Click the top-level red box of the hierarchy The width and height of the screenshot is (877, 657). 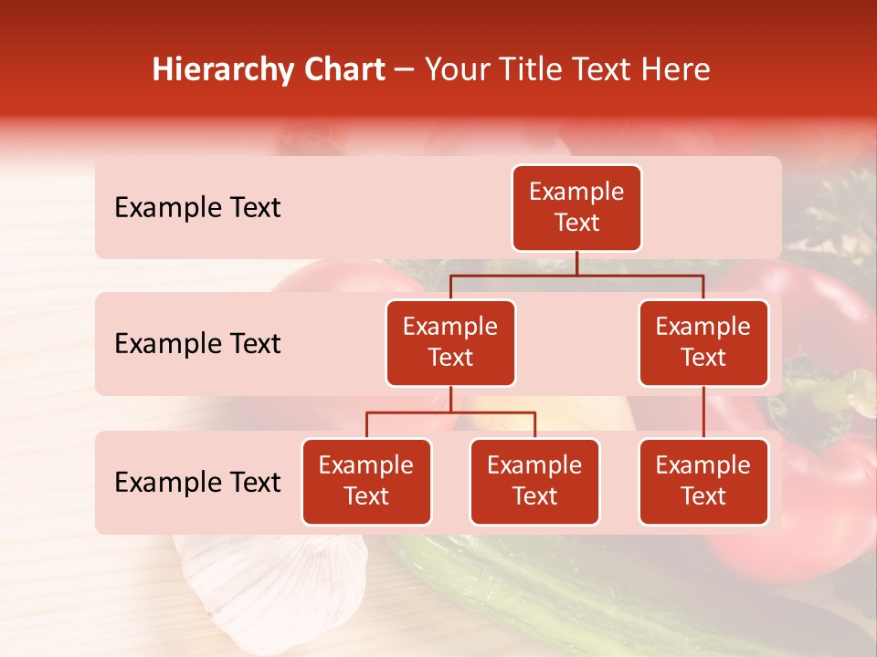pyautogui.click(x=576, y=207)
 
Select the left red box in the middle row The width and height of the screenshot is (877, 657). pyautogui.click(x=450, y=342)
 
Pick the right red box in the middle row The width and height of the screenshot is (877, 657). pyautogui.click(x=703, y=342)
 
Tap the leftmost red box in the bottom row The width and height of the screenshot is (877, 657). pyautogui.click(x=366, y=481)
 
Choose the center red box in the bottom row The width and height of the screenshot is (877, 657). pyautogui.click(x=534, y=481)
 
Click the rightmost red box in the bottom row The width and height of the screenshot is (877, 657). pyautogui.click(x=703, y=481)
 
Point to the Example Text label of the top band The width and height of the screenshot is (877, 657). pyautogui.click(x=197, y=208)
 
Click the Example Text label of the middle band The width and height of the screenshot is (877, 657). pyautogui.click(x=197, y=344)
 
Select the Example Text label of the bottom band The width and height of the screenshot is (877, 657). pyautogui.click(x=197, y=483)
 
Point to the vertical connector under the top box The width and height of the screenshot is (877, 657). pyautogui.click(x=576, y=263)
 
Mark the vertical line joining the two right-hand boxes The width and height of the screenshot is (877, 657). pyautogui.click(x=703, y=412)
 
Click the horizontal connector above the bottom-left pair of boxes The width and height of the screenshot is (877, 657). pyautogui.click(x=450, y=412)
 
